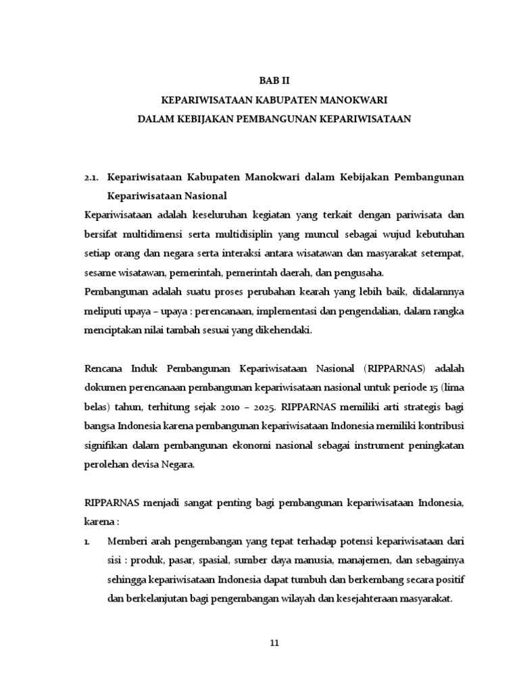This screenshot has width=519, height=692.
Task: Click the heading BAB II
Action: [x=274, y=79]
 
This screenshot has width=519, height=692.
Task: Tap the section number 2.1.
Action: [x=92, y=176]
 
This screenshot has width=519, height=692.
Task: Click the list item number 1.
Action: [x=87, y=542]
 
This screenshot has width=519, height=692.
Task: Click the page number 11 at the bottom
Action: [x=274, y=643]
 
